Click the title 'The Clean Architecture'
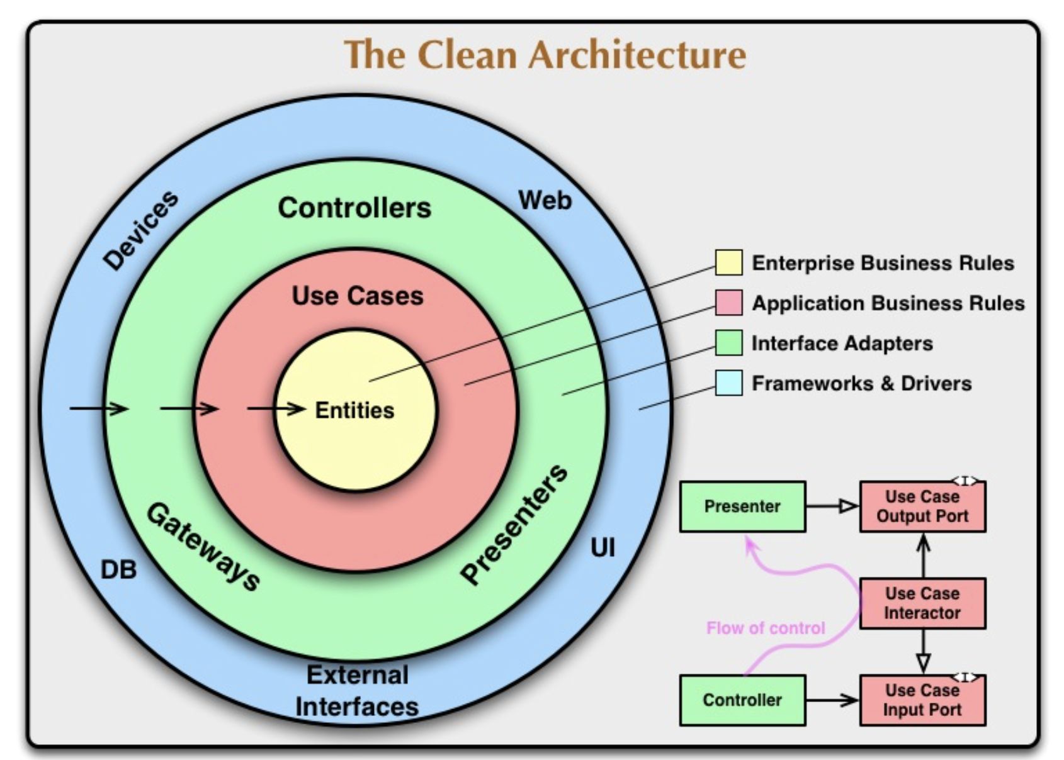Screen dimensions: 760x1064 [x=545, y=55]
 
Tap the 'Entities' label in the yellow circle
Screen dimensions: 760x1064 [x=354, y=410]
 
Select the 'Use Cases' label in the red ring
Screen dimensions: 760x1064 [x=358, y=296]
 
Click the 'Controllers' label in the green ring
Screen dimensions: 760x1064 [x=354, y=208]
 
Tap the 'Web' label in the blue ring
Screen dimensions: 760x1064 [x=545, y=201]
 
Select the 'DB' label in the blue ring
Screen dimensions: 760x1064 [x=118, y=570]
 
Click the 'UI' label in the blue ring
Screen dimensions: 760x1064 [x=603, y=548]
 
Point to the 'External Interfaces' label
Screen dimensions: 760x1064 [x=357, y=691]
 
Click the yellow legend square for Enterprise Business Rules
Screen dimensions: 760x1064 [x=728, y=262]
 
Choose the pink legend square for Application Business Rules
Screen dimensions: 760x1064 [x=728, y=303]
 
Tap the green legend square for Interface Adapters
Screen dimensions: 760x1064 [x=728, y=343]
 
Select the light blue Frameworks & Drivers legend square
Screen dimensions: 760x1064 [x=728, y=383]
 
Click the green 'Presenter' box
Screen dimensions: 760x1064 [x=742, y=506]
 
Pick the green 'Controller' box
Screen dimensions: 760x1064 [x=742, y=700]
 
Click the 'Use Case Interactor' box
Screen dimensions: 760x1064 [x=922, y=603]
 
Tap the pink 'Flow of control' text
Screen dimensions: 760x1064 [x=766, y=628]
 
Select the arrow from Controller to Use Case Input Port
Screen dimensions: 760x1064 [x=832, y=700]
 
